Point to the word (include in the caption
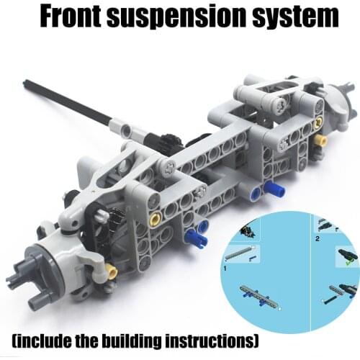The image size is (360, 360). click(49, 339)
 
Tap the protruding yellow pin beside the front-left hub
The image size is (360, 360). click(111, 271)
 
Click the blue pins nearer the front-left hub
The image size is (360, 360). click(195, 235)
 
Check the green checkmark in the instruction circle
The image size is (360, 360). click(348, 261)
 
